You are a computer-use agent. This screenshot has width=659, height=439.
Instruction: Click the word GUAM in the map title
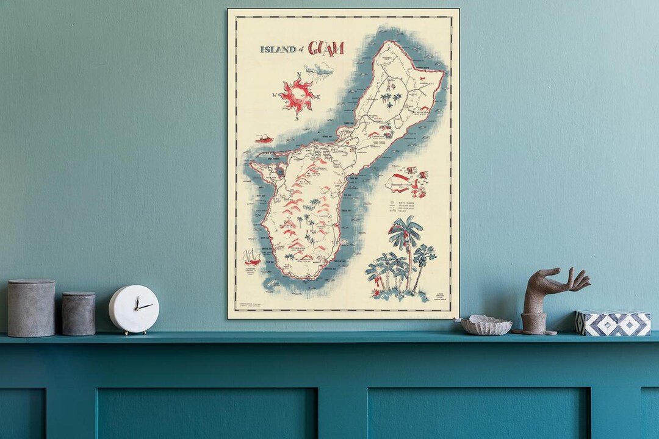coord(326,48)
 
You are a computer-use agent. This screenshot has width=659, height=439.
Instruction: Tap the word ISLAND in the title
coord(278,49)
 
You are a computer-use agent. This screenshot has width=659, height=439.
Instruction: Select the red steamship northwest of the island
coord(264,139)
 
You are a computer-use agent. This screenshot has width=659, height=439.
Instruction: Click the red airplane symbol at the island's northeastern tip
coord(425,89)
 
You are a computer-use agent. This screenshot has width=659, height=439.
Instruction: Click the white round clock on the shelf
coord(134,309)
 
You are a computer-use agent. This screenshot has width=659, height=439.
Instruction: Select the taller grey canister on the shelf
coord(31,308)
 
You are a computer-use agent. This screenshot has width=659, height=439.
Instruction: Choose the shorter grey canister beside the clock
coord(79,313)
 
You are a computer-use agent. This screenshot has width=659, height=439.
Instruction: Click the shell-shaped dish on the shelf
coord(486,326)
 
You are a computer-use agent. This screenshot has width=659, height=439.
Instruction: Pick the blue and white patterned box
coord(613,323)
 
